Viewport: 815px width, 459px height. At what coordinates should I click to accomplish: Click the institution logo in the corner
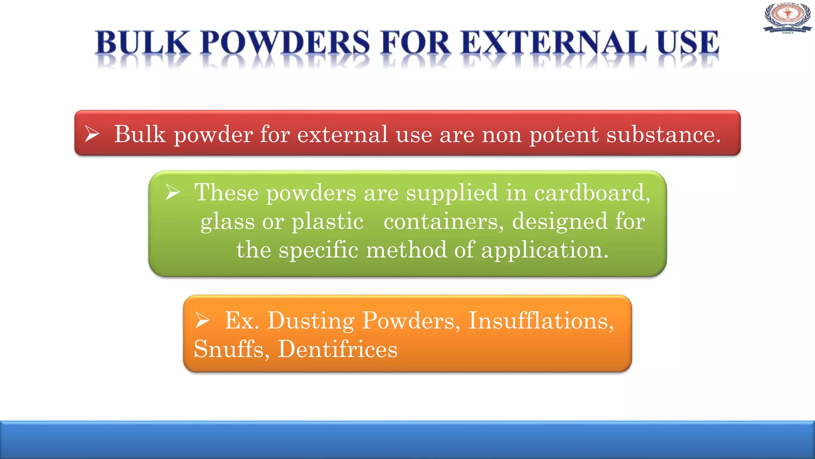(x=787, y=18)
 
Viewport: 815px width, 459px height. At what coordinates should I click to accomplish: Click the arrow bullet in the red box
(x=92, y=133)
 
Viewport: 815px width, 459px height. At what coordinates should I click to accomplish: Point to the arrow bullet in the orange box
(x=202, y=320)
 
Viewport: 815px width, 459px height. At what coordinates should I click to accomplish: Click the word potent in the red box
(x=563, y=135)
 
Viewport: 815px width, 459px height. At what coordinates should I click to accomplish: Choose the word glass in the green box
(x=227, y=222)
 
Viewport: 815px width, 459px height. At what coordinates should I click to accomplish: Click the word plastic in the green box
(x=327, y=222)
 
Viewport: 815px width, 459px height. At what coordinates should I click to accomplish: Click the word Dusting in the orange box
(x=310, y=321)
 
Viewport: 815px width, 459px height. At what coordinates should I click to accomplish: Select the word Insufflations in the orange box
(x=541, y=320)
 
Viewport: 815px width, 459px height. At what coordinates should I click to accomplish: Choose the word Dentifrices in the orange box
(x=337, y=349)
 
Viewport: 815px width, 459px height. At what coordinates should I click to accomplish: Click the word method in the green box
(x=406, y=250)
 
